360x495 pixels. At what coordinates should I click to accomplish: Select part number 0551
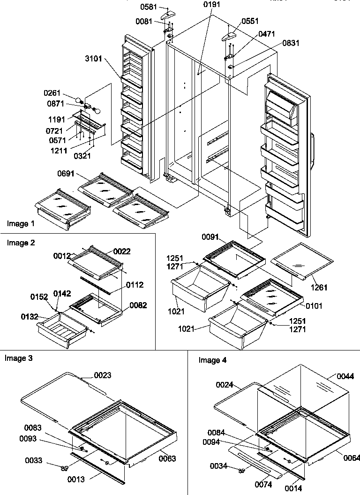250,22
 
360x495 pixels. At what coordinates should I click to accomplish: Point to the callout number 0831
291,43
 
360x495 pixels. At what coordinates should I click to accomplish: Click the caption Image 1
21,224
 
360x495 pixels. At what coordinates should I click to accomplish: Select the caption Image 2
21,243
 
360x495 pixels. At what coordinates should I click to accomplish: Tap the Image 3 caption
18,358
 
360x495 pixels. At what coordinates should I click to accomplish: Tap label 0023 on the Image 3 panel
103,375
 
